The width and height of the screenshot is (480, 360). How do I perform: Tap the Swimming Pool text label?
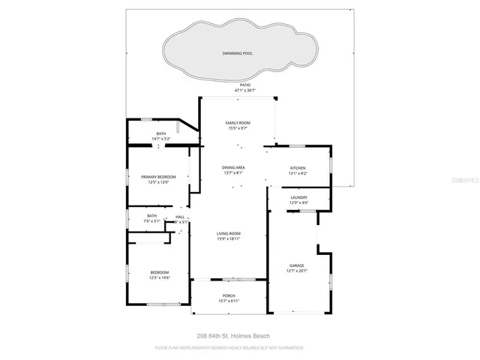[x=237, y=53]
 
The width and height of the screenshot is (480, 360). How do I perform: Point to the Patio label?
[x=244, y=85]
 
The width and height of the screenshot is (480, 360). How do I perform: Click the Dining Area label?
[x=234, y=167]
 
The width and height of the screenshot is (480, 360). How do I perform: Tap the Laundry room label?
[x=299, y=198]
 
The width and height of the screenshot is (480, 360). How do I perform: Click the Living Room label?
[x=229, y=233]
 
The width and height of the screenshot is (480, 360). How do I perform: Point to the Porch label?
[x=229, y=295]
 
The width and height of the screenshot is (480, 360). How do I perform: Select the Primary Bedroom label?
[x=158, y=176]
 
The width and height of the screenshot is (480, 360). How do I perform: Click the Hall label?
[x=180, y=217]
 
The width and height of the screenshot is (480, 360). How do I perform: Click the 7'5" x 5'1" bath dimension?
[x=152, y=221]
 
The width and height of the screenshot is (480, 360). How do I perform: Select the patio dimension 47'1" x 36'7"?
[x=244, y=91]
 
